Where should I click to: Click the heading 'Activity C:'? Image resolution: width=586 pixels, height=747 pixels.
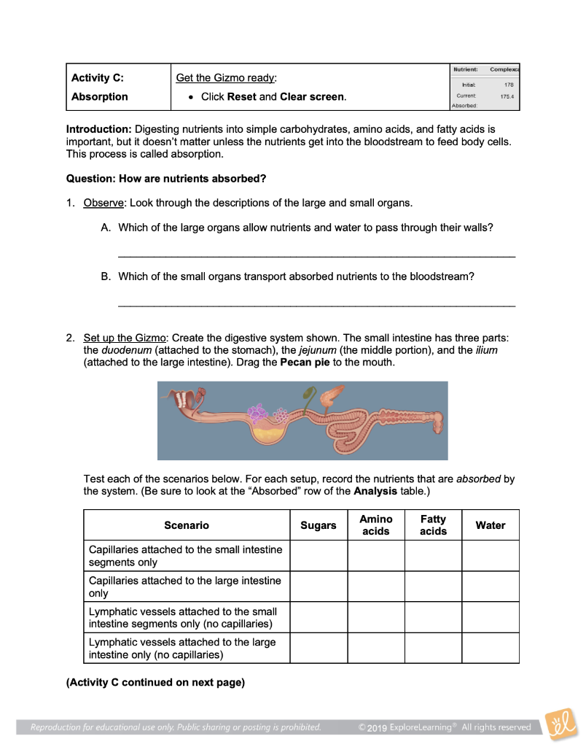[x=97, y=78]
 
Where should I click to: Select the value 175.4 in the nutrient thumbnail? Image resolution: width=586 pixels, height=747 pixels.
[x=506, y=96]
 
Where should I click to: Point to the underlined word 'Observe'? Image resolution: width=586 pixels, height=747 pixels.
[x=103, y=202]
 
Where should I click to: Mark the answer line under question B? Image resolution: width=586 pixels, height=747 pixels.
[x=316, y=305]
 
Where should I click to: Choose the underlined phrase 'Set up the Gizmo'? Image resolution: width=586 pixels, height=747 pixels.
[x=125, y=338]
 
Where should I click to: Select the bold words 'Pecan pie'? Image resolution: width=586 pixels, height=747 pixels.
[x=305, y=363]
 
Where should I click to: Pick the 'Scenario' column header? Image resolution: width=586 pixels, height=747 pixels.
[x=187, y=525]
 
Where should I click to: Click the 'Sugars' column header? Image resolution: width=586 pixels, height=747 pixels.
[x=319, y=525]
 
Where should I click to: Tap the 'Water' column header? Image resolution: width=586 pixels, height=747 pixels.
[x=491, y=525]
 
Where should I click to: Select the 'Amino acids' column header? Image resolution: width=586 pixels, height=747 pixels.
[x=376, y=525]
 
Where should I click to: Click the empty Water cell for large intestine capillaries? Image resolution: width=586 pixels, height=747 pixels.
[x=491, y=587]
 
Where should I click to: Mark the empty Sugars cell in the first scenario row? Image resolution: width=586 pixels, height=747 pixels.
[x=319, y=556]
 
